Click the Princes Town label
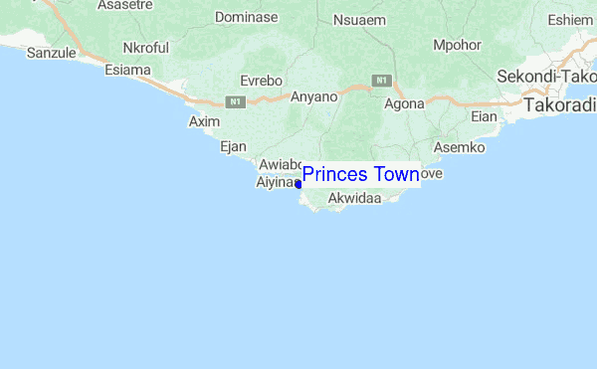(360, 175)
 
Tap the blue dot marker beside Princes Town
(298, 184)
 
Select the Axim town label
(204, 121)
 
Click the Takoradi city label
(559, 103)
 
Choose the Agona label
(404, 102)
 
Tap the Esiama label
(127, 70)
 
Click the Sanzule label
(51, 53)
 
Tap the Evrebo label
(264, 81)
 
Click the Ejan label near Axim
(232, 146)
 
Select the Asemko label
(459, 147)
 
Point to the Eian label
(484, 116)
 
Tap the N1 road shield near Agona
(381, 79)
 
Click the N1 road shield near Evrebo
(235, 100)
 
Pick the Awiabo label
(279, 165)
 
